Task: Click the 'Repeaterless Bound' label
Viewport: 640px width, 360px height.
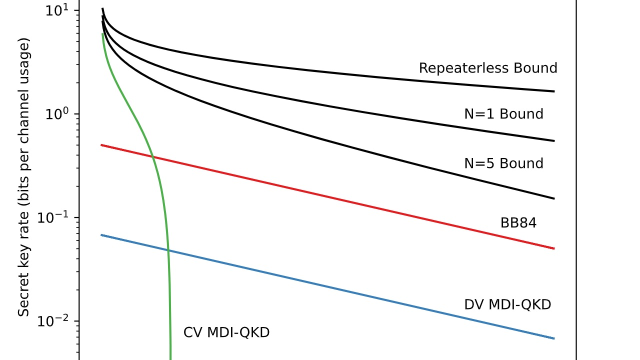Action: (x=487, y=68)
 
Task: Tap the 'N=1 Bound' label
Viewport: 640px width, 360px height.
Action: (x=503, y=114)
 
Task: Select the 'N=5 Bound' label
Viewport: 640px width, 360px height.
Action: (x=503, y=163)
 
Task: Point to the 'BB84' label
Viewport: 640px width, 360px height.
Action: (x=518, y=223)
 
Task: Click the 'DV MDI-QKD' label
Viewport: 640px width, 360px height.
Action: (x=507, y=304)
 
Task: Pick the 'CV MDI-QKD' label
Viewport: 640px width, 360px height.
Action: (x=226, y=332)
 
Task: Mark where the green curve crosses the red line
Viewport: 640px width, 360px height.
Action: (x=152, y=157)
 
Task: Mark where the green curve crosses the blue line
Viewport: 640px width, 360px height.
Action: (x=168, y=250)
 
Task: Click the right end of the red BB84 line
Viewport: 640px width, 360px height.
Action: (x=554, y=248)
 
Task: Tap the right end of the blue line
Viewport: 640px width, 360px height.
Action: (x=554, y=338)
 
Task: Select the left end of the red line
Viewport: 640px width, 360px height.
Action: (x=101, y=145)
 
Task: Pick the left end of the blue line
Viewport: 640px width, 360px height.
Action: (x=101, y=235)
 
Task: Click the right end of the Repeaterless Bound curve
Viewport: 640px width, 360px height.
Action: (x=554, y=91)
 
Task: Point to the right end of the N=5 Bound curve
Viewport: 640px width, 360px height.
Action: (x=554, y=199)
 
